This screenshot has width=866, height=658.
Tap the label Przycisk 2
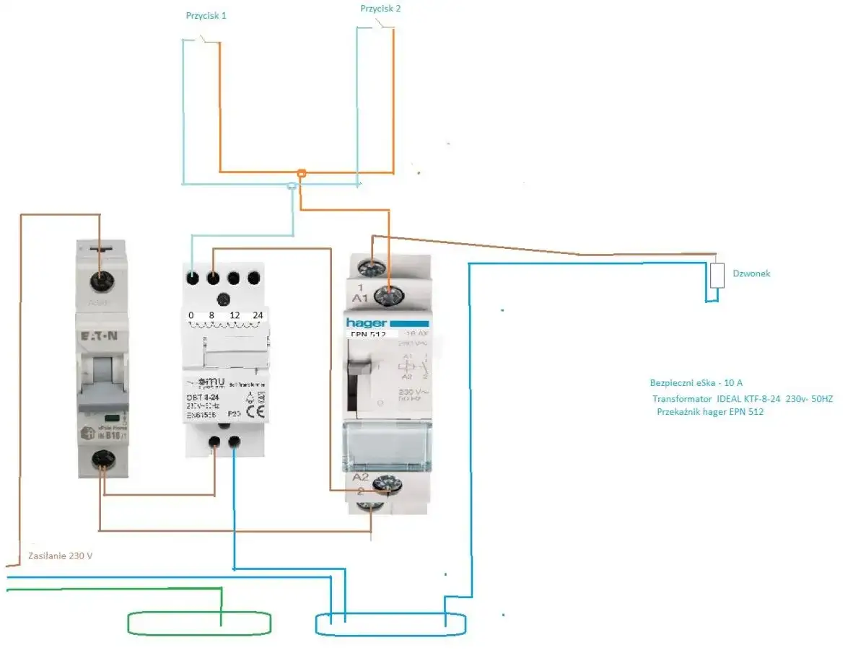point(380,9)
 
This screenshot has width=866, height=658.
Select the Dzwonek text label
point(751,273)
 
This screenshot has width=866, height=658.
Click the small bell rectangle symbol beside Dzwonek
point(717,276)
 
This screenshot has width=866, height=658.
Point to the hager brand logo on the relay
point(367,323)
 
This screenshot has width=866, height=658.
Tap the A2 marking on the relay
point(360,478)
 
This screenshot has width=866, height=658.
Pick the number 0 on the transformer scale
point(191,315)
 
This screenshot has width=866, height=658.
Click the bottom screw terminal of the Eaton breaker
point(102,457)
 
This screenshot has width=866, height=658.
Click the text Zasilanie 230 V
point(61,556)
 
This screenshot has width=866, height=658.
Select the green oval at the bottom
point(199,623)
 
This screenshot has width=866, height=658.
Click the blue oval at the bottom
point(390,624)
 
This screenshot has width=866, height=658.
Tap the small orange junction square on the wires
point(302,173)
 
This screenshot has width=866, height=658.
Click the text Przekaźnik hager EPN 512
point(710,412)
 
